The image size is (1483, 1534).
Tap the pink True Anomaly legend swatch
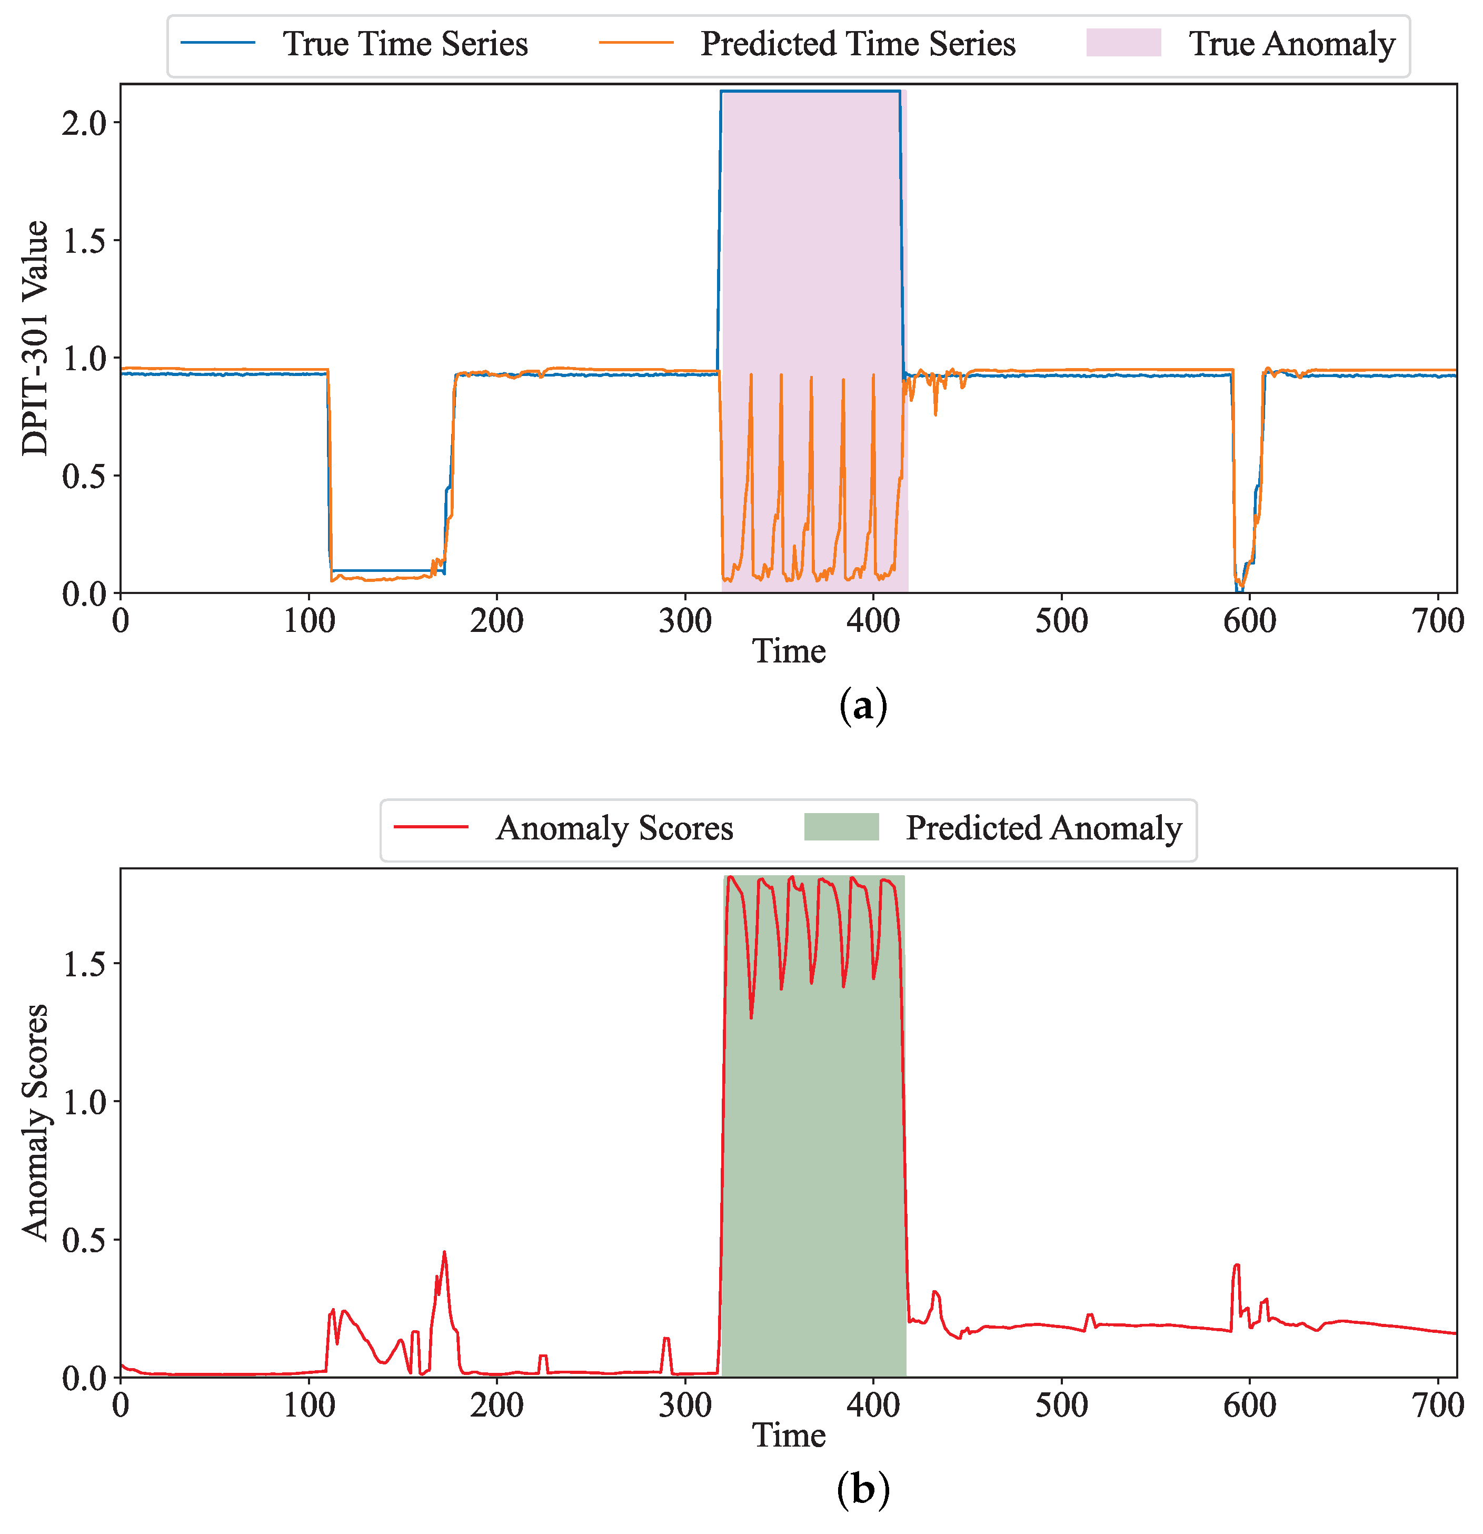(x=1122, y=43)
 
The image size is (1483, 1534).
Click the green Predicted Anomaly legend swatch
(x=841, y=827)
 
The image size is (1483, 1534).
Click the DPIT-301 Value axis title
(x=35, y=338)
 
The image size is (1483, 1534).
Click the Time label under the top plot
(x=788, y=652)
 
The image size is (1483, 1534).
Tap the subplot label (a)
(x=862, y=708)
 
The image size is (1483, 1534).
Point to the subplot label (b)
(x=862, y=1490)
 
